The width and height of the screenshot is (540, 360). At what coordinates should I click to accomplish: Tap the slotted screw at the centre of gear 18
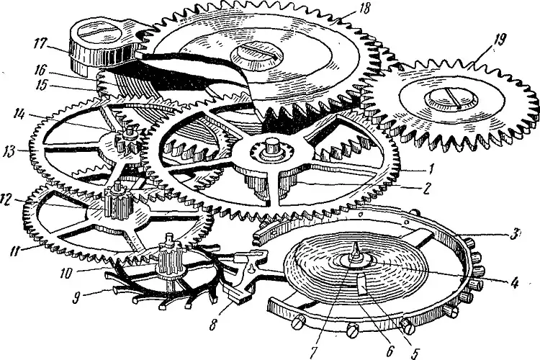[x=252, y=53]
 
